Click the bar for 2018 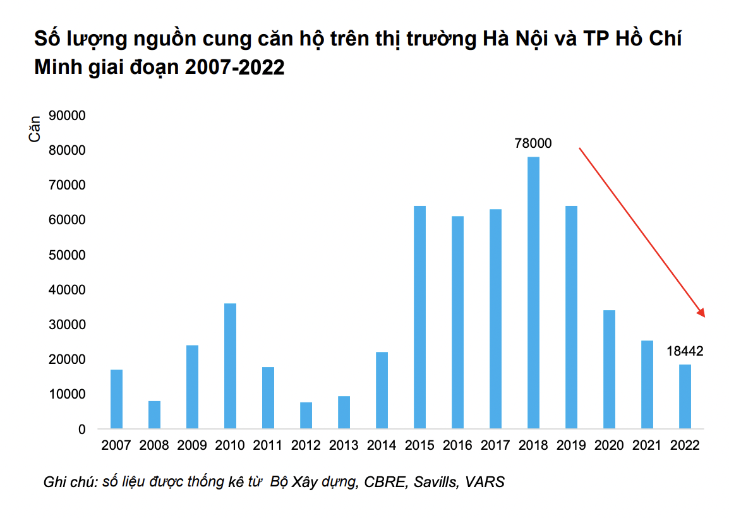(x=533, y=292)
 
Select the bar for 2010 (x=230, y=366)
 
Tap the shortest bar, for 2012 (x=306, y=416)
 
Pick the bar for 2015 (x=419, y=317)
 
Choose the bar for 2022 (x=685, y=397)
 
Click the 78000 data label (x=533, y=143)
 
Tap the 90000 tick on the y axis (x=68, y=116)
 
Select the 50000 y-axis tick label (x=68, y=255)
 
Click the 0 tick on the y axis (x=81, y=430)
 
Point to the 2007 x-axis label (x=116, y=445)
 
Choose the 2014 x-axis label (x=382, y=445)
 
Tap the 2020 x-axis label (x=609, y=445)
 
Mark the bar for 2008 (x=154, y=415)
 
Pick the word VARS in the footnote (x=485, y=482)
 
